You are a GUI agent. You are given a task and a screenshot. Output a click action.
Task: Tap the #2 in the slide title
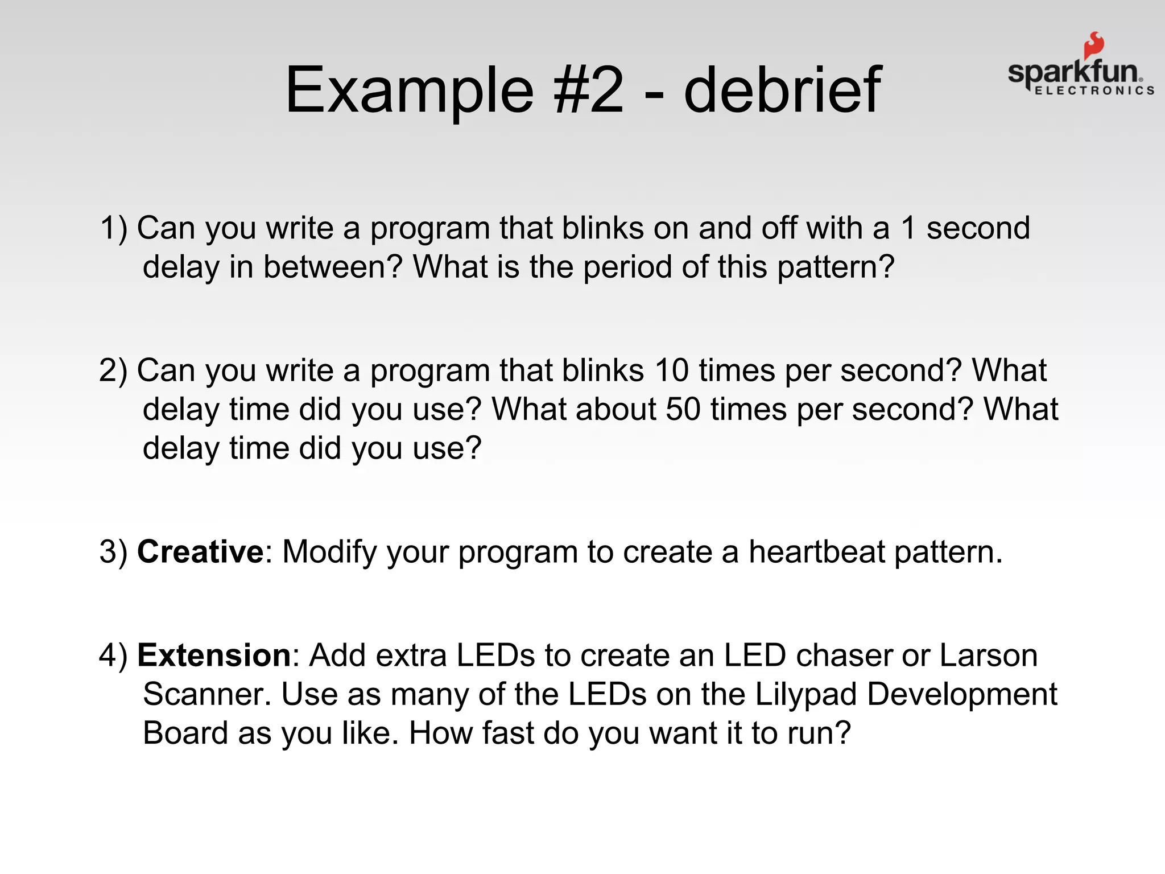pos(589,90)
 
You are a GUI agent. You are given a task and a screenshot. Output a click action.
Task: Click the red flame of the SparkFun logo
pos(1093,46)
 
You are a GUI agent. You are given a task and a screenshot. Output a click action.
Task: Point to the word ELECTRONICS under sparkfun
pos(1094,90)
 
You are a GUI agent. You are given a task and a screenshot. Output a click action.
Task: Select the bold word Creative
pos(200,551)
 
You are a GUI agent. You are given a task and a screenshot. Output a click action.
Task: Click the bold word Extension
pos(214,655)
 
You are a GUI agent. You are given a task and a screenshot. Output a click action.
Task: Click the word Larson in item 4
pos(988,655)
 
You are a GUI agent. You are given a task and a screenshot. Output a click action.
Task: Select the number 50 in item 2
pos(683,409)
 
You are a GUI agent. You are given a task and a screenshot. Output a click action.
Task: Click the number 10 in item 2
pos(672,370)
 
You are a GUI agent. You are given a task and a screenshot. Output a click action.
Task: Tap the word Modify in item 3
pos(330,551)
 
